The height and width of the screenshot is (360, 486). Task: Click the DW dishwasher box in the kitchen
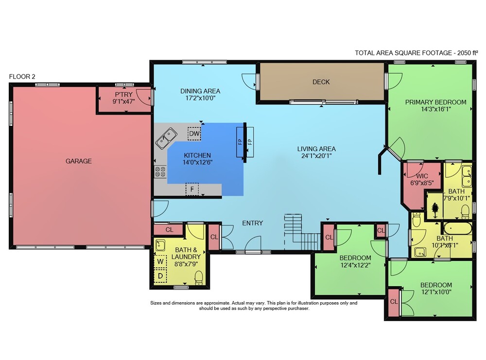point(194,134)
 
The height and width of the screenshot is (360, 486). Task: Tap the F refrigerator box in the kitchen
point(192,189)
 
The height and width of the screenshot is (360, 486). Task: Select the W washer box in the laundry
point(160,261)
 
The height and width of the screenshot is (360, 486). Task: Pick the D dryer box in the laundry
point(160,276)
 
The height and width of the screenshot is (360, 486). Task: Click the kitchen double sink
point(166,138)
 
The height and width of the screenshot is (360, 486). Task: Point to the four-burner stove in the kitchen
point(160,172)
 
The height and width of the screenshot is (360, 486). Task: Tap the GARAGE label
point(78,161)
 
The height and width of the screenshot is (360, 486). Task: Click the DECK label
point(321,82)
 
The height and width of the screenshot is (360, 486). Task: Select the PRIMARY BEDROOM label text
point(436,102)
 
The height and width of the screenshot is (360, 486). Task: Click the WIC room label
point(422,176)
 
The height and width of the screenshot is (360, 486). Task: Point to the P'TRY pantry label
point(123,94)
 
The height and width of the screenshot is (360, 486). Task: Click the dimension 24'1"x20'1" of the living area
point(316,156)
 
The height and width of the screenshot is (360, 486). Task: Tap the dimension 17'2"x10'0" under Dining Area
point(200,98)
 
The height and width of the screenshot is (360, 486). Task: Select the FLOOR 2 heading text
point(22,77)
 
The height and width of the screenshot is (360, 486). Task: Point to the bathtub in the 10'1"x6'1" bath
point(458,228)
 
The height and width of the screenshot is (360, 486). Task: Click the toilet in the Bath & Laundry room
point(199,277)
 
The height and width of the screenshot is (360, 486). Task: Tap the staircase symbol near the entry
point(302,232)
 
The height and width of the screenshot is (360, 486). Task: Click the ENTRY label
point(253,223)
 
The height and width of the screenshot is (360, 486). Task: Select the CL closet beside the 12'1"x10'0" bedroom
point(394,302)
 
